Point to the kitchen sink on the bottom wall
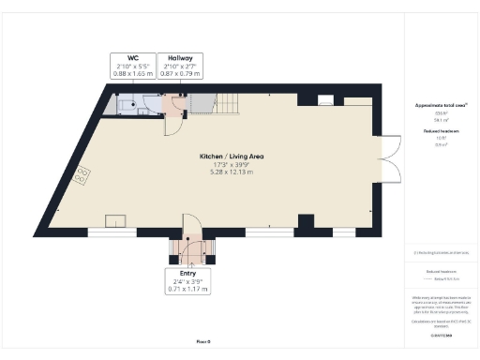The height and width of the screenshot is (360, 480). click(x=117, y=221)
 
